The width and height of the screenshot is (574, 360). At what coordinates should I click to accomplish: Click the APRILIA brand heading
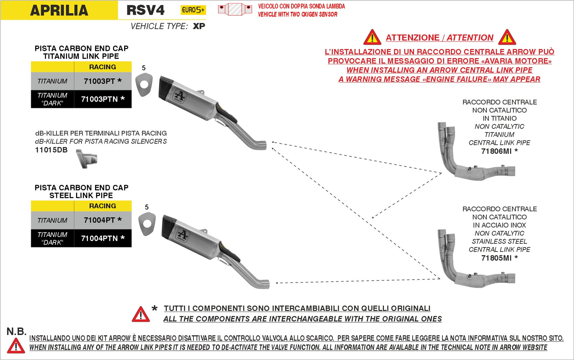tap(59, 10)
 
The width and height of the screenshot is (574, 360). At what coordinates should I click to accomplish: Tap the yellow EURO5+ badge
tap(193, 10)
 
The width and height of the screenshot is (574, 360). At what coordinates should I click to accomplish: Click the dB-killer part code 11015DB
tap(51, 150)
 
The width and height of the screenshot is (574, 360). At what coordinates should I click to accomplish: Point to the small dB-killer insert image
tap(87, 159)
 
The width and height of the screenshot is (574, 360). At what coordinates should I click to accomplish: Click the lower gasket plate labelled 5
tap(147, 224)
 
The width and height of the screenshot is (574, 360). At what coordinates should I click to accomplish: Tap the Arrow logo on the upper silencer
tap(180, 96)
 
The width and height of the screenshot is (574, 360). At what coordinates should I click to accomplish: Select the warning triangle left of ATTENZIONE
tap(372, 38)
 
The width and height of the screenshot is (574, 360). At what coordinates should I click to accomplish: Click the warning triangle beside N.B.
tap(16, 346)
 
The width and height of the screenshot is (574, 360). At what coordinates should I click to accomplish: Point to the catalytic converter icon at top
tap(235, 10)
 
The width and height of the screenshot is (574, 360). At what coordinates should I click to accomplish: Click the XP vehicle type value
tap(199, 26)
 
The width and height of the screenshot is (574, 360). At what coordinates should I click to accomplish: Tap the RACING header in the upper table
tap(103, 67)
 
